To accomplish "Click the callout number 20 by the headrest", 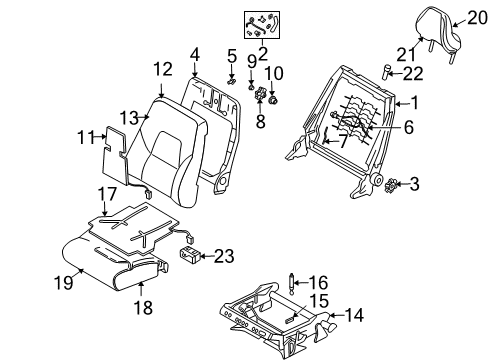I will (x=470, y=16).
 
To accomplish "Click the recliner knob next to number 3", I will (x=389, y=184).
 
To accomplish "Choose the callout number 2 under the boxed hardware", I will (x=263, y=53).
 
